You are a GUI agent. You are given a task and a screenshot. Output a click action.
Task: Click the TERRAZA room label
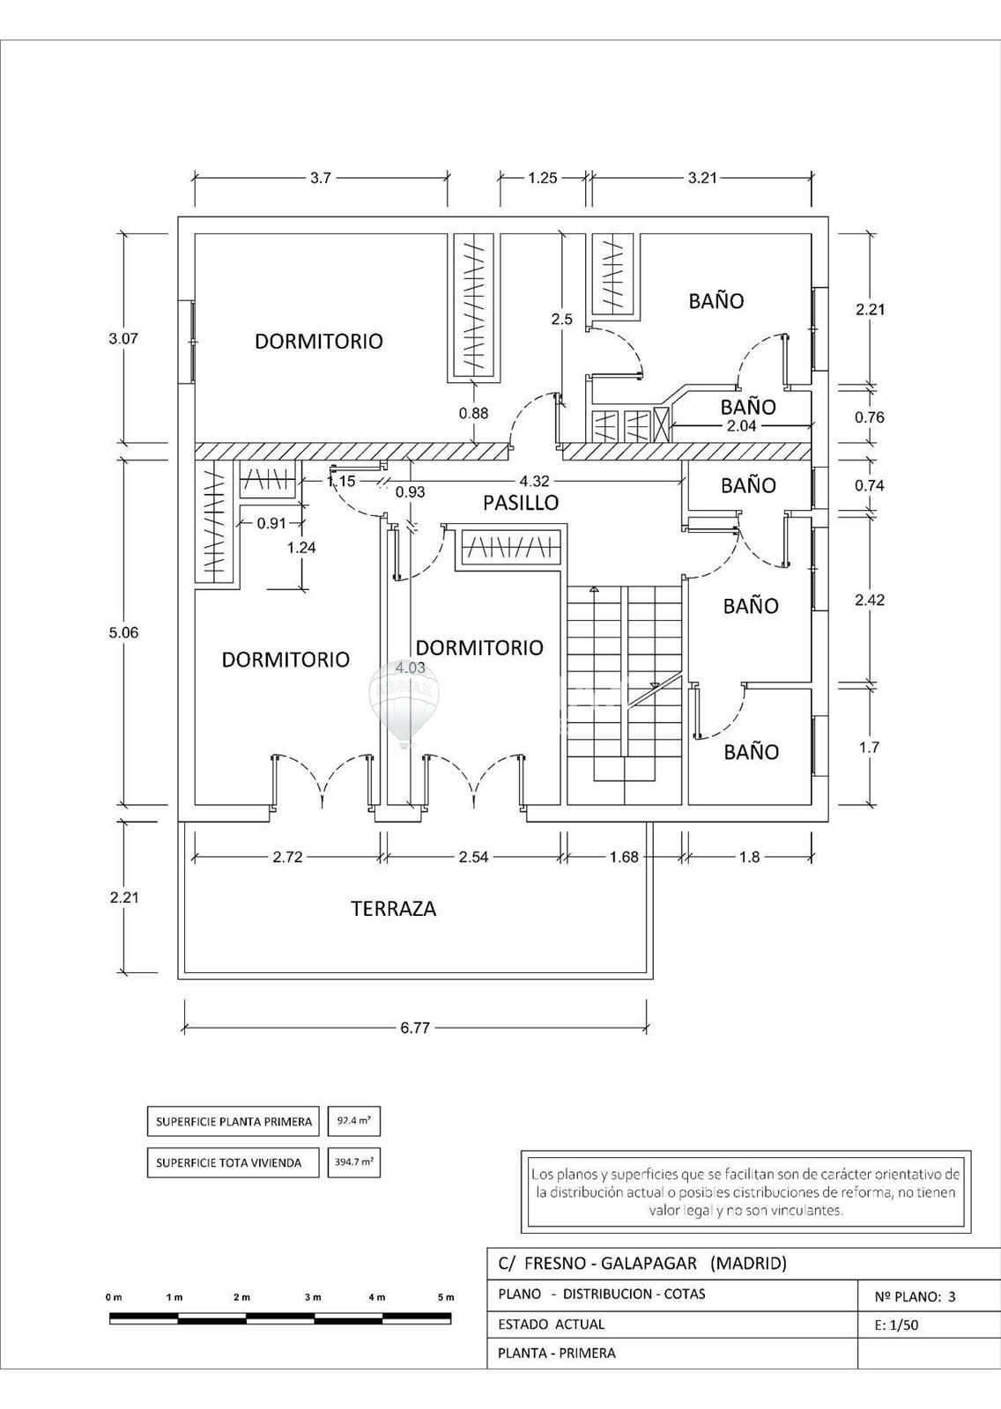[394, 908]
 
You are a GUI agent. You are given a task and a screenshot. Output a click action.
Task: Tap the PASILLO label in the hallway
[521, 503]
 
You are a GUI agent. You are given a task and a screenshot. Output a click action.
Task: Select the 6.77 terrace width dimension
[415, 1028]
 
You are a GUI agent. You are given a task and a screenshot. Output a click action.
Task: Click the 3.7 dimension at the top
[321, 178]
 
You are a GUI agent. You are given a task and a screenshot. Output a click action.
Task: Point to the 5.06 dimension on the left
[123, 632]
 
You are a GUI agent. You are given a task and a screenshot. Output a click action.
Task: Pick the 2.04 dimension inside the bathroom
[742, 426]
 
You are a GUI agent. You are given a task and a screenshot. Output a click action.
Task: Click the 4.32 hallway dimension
[534, 481]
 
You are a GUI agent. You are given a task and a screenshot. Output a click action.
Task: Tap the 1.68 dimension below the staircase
[624, 857]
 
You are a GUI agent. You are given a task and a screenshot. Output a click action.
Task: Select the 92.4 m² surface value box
[354, 1121]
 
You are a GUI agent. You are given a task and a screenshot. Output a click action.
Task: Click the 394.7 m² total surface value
[354, 1162]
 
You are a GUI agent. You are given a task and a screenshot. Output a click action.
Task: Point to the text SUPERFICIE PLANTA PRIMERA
[234, 1122]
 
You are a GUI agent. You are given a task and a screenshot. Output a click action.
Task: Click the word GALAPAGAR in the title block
[649, 1263]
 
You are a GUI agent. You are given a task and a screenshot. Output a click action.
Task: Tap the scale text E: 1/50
[896, 1324]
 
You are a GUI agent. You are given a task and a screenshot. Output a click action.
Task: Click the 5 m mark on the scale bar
[446, 1297]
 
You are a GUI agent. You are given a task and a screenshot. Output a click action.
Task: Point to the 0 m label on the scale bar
[114, 1297]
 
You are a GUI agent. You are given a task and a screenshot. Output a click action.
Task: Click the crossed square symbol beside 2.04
[663, 425]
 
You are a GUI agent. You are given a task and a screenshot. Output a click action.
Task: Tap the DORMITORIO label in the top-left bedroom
[319, 341]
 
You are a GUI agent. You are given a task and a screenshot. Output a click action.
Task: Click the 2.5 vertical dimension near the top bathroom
[561, 320]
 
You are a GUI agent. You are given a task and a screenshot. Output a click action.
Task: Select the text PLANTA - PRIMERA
[557, 1353]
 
